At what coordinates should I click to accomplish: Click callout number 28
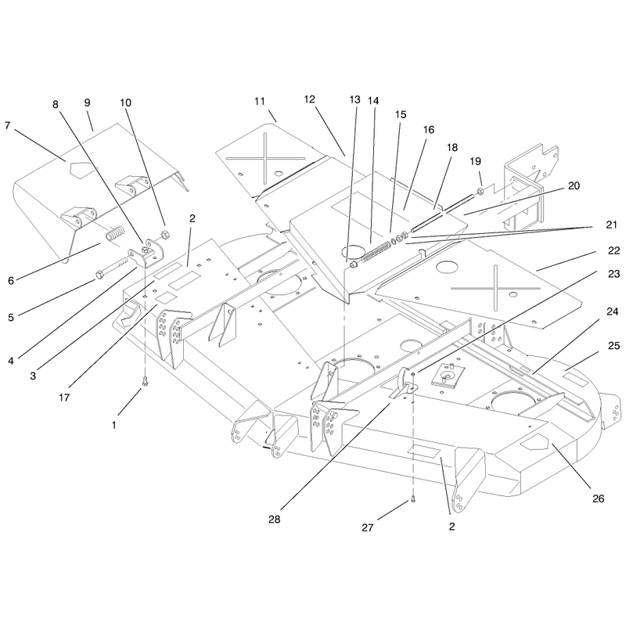pyautogui.click(x=275, y=519)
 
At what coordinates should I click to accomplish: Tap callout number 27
pyautogui.click(x=367, y=527)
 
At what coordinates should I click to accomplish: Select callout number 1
pyautogui.click(x=113, y=425)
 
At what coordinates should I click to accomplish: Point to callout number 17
pyautogui.click(x=64, y=398)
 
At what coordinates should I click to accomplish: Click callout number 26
pyautogui.click(x=598, y=498)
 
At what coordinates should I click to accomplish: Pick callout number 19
pyautogui.click(x=475, y=161)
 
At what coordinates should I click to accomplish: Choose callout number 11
pyautogui.click(x=260, y=102)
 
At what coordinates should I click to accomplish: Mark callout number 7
pyautogui.click(x=7, y=125)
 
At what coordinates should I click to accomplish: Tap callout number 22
pyautogui.click(x=613, y=250)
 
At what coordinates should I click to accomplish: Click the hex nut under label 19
pyautogui.click(x=480, y=190)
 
